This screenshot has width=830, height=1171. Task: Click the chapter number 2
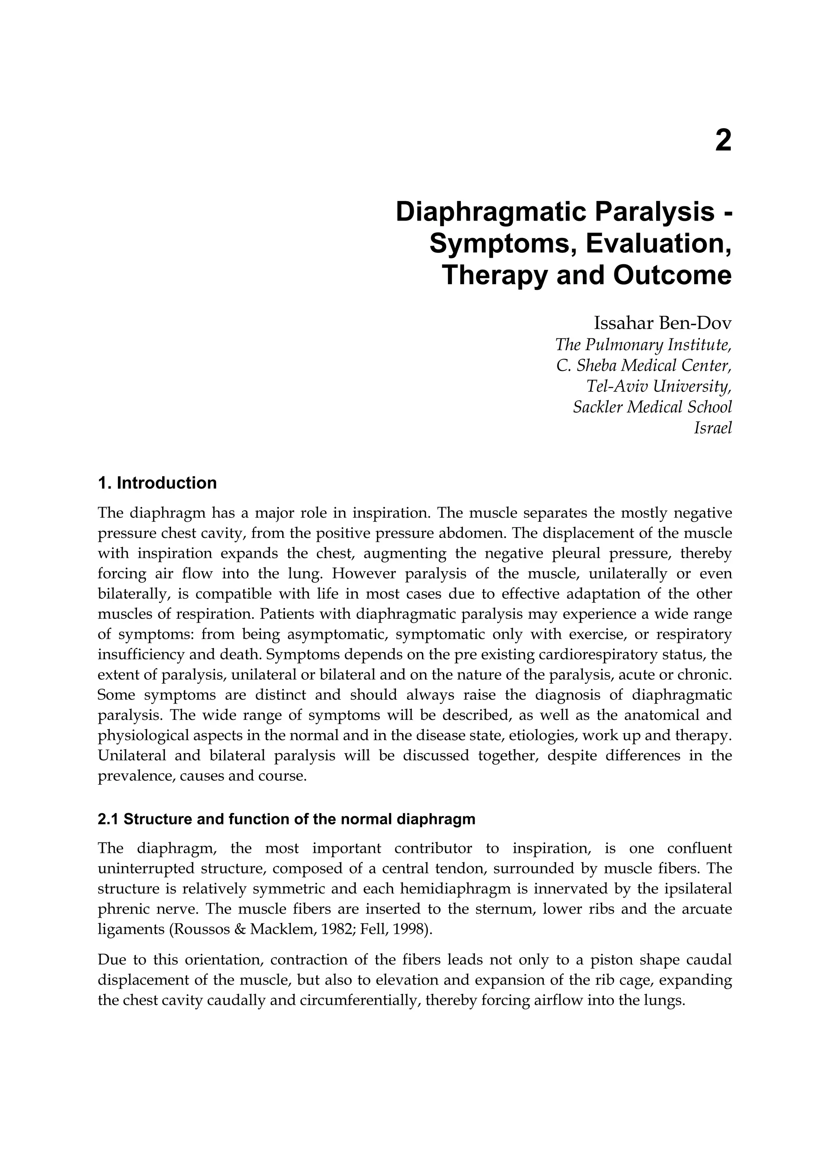point(723,141)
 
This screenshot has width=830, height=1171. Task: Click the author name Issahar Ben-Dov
point(662,323)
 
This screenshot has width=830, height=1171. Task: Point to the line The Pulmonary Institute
point(644,345)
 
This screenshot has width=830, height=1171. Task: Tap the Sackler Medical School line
point(652,407)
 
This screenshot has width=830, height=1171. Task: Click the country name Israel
point(712,428)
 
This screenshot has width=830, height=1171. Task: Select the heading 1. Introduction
point(157,483)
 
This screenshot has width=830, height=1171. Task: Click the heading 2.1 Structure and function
point(286,819)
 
